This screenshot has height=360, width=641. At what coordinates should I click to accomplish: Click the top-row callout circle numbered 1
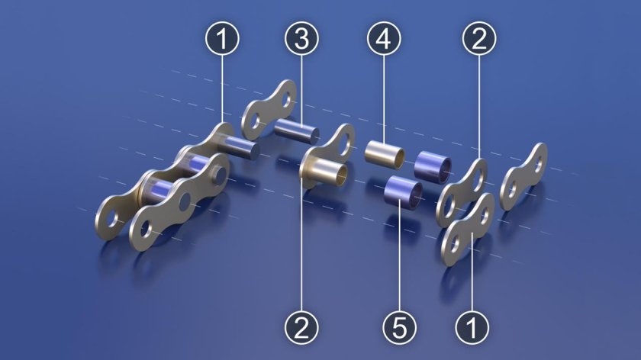point(222,38)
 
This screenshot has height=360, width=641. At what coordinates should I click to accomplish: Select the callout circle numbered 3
point(301,38)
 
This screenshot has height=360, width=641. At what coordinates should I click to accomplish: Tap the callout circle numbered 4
point(384,38)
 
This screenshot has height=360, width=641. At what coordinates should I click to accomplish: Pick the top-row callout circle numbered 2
point(479,38)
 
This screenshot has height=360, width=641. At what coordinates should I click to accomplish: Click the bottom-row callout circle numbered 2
point(301,327)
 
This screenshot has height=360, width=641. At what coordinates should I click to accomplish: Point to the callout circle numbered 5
point(399,327)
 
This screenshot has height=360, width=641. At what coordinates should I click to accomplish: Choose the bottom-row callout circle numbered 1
point(472,327)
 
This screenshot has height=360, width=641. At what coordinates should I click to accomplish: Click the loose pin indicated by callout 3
point(297,130)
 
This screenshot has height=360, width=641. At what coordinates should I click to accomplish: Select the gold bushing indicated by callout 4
point(385,155)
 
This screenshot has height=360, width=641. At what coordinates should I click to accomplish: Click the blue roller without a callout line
point(433,168)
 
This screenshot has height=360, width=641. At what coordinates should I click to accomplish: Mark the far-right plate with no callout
point(523,176)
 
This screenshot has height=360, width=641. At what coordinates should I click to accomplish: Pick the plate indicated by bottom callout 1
point(469,229)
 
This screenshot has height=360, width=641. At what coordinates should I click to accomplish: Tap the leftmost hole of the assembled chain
point(111,221)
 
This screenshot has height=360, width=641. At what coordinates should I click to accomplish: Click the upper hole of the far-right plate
point(540,163)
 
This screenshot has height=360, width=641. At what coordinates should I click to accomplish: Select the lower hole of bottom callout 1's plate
point(456,246)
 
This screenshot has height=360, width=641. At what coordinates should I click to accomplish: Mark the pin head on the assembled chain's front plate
point(221,174)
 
